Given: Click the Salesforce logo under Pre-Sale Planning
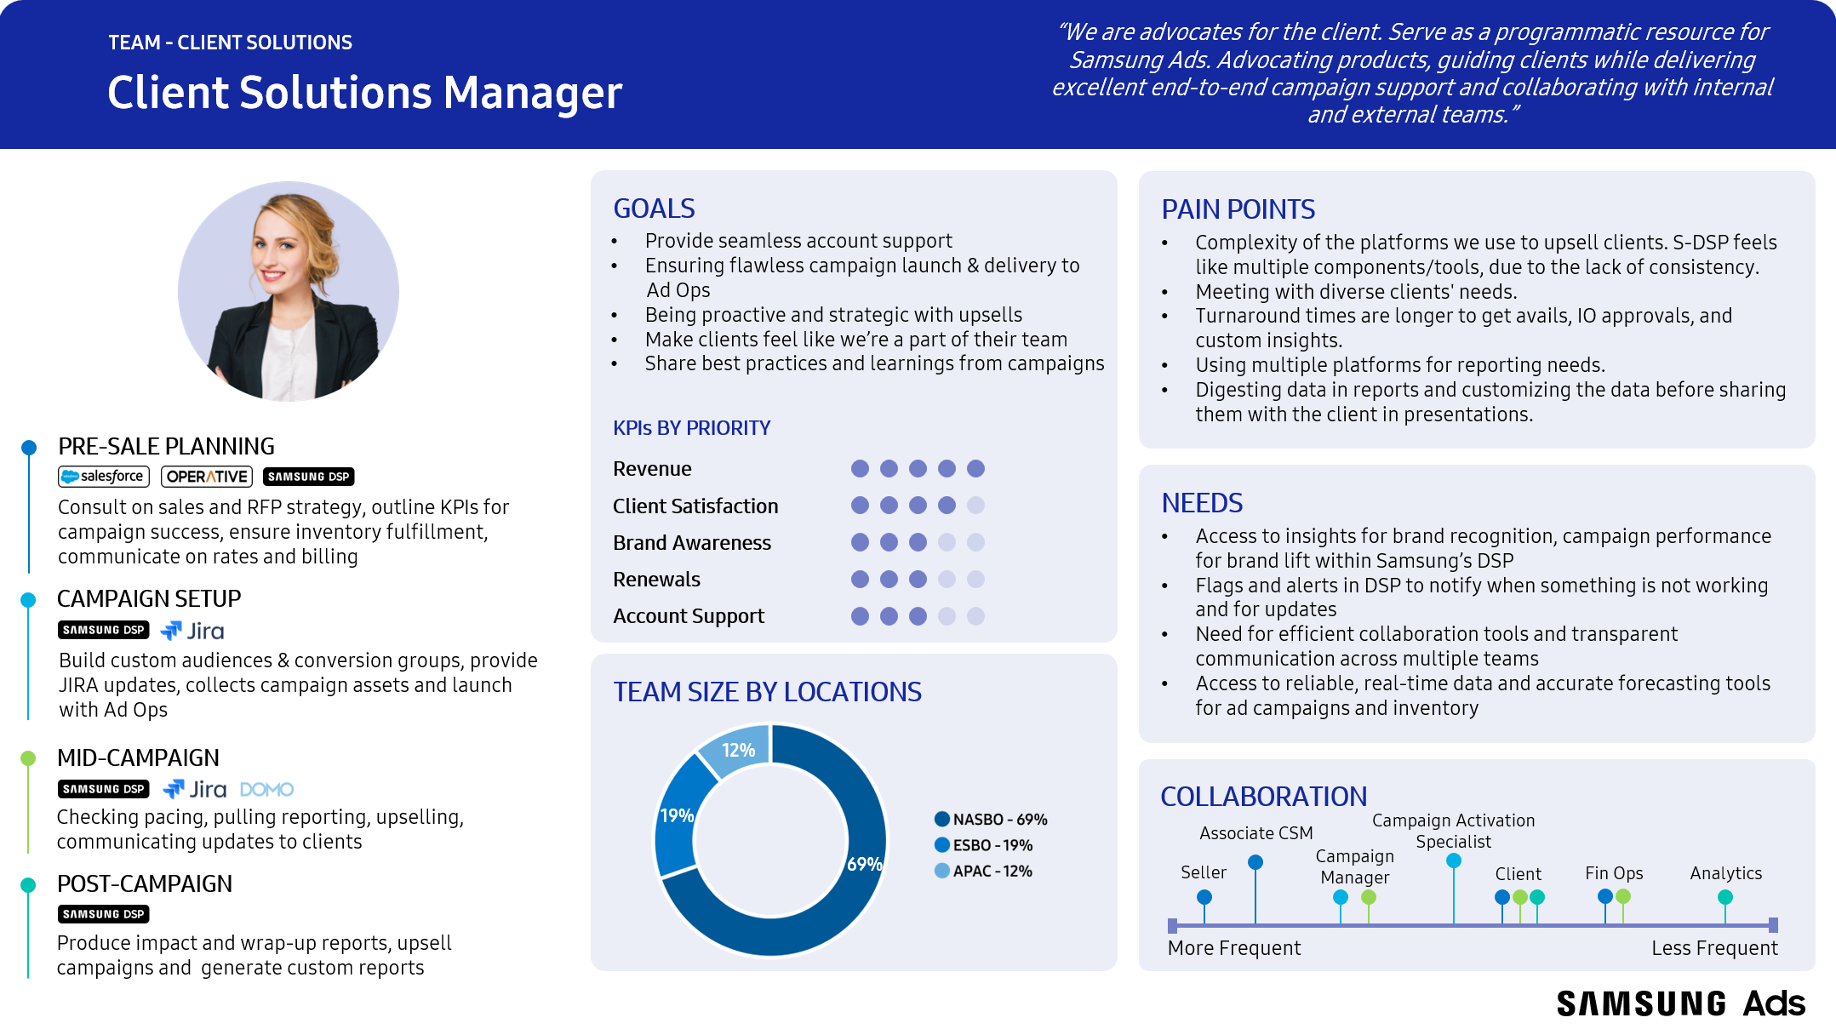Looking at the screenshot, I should click(104, 477).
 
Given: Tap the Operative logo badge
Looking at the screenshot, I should click(207, 477).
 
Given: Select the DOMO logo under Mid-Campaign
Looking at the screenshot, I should click(266, 790).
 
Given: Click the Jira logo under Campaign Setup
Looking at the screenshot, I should click(193, 632).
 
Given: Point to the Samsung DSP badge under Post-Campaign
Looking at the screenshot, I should click(104, 914).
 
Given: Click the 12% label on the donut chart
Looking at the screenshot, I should click(738, 750).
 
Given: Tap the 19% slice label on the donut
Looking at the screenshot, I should click(677, 815).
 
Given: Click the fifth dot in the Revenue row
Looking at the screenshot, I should click(975, 469).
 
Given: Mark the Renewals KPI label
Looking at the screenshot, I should click(656, 580).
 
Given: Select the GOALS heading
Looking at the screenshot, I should click(654, 209).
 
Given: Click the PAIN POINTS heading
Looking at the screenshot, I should click(1238, 209).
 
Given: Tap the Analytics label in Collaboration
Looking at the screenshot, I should click(1725, 873).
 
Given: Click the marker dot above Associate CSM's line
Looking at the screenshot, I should click(1255, 862).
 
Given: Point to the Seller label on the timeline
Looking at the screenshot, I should click(1203, 872).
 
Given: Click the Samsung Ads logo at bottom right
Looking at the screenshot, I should click(1680, 1004).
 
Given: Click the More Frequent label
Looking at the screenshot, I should click(1233, 948).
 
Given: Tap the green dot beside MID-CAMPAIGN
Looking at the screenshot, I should click(28, 758).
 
